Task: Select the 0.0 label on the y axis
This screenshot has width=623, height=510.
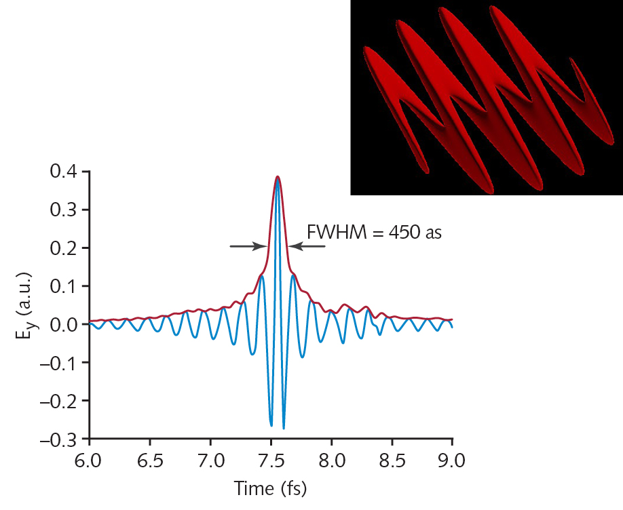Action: (x=65, y=324)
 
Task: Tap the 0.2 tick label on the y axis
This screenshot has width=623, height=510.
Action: (x=65, y=248)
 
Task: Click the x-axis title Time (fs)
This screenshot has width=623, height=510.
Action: (x=271, y=488)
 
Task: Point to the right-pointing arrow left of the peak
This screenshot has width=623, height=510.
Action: (x=248, y=246)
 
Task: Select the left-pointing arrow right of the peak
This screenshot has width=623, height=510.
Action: (x=306, y=246)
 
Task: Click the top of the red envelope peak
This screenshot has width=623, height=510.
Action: (x=277, y=176)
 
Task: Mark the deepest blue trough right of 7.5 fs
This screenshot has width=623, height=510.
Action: (x=284, y=427)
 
